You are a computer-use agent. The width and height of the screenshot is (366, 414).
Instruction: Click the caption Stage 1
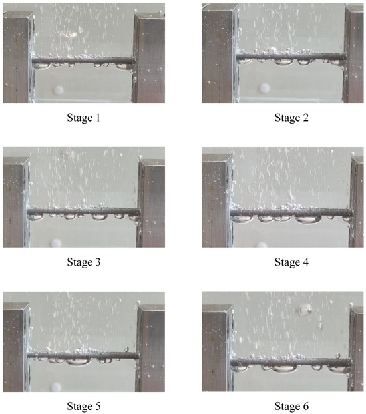pyautogui.click(x=85, y=118)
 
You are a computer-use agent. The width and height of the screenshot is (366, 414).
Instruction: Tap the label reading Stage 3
pyautogui.click(x=85, y=262)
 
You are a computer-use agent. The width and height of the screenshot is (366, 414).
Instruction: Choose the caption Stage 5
pyautogui.click(x=85, y=405)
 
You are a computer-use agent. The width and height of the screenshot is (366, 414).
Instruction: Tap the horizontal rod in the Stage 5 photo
pyautogui.click(x=83, y=356)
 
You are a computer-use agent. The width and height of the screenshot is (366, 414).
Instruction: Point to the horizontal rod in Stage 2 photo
pyautogui.click(x=289, y=57)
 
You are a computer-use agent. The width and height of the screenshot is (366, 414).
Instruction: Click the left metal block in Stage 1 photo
pyautogui.click(x=17, y=57)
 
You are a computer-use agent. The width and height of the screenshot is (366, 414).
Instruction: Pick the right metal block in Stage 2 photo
pyautogui.click(x=354, y=57)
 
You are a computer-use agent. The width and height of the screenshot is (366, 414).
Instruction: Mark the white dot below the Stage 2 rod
pyautogui.click(x=265, y=87)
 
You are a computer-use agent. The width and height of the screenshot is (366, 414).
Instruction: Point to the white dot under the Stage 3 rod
pyautogui.click(x=57, y=244)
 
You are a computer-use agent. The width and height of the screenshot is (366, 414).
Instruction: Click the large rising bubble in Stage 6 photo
pyautogui.click(x=305, y=309)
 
